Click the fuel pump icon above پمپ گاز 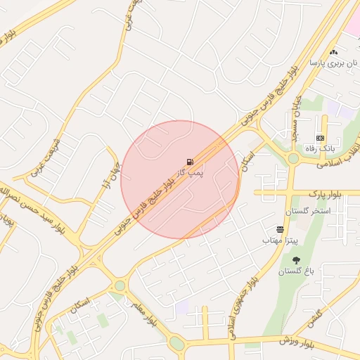pos(190,162)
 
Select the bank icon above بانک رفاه pos(321,139)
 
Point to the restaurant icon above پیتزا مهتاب pos(281,230)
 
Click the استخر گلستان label pos(307,212)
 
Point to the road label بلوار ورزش pos(295,341)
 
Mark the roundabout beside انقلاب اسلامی pos(293,159)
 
